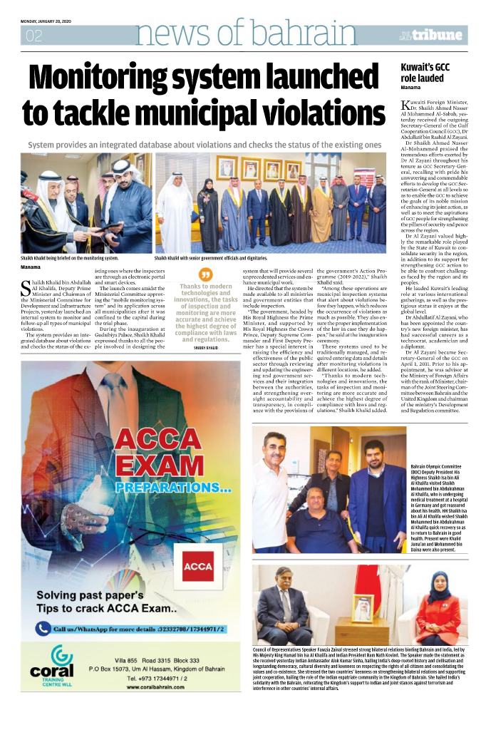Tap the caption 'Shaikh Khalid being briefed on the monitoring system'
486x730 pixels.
point(69,257)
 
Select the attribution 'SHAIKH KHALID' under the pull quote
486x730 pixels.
point(205,347)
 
